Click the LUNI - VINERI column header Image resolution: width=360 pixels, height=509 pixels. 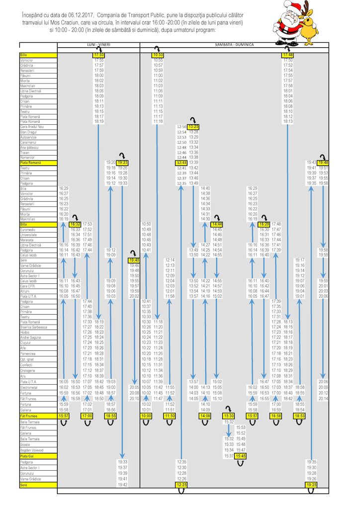(x=98, y=45)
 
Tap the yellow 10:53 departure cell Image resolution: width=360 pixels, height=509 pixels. (x=158, y=55)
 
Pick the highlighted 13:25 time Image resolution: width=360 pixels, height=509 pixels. (x=193, y=127)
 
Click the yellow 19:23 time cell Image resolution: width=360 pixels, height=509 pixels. (x=123, y=163)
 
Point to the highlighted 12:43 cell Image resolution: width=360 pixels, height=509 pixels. (x=181, y=163)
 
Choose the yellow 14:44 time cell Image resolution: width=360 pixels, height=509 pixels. (x=217, y=225)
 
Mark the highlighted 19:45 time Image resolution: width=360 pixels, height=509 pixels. (x=134, y=260)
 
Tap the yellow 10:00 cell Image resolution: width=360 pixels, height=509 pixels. (x=146, y=416)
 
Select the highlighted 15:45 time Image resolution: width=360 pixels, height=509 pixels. (x=241, y=456)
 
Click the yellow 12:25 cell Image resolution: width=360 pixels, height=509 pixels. (x=181, y=485)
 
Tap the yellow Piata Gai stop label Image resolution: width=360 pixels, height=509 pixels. (x=27, y=456)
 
